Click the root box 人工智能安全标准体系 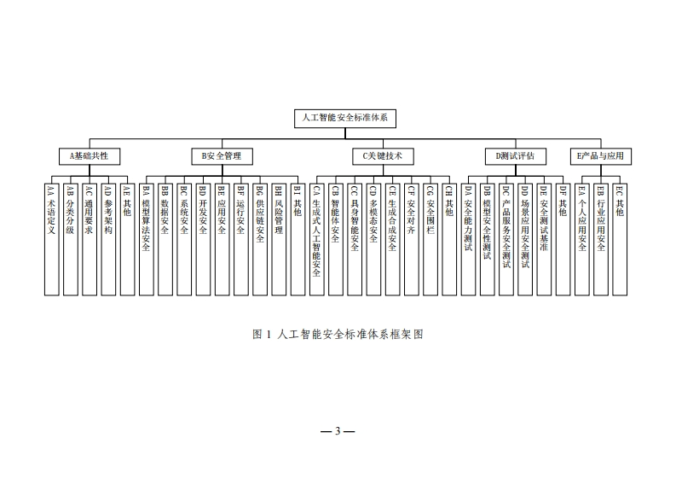pyautogui.click(x=345, y=119)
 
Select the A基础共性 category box pyautogui.click(x=90, y=156)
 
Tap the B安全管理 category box pyautogui.click(x=222, y=156)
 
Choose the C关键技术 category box pyautogui.click(x=383, y=156)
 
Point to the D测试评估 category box pyautogui.click(x=516, y=156)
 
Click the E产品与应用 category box pyautogui.click(x=600, y=156)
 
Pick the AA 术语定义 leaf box pyautogui.click(x=52, y=240)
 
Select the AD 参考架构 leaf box pyautogui.click(x=108, y=240)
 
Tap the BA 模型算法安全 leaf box pyautogui.click(x=146, y=240)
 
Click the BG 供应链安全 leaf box pyautogui.click(x=260, y=240)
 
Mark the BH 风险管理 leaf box pyautogui.click(x=279, y=240)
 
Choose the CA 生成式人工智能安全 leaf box pyautogui.click(x=317, y=240)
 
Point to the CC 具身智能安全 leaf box pyautogui.click(x=355, y=240)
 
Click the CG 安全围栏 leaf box pyautogui.click(x=430, y=240)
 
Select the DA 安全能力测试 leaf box pyautogui.click(x=468, y=240)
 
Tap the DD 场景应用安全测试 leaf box pyautogui.click(x=525, y=240)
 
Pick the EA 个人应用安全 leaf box pyautogui.click(x=582, y=240)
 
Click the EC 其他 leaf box pyautogui.click(x=620, y=240)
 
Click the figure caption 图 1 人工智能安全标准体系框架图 pyautogui.click(x=338, y=335)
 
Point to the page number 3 pyautogui.click(x=338, y=431)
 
